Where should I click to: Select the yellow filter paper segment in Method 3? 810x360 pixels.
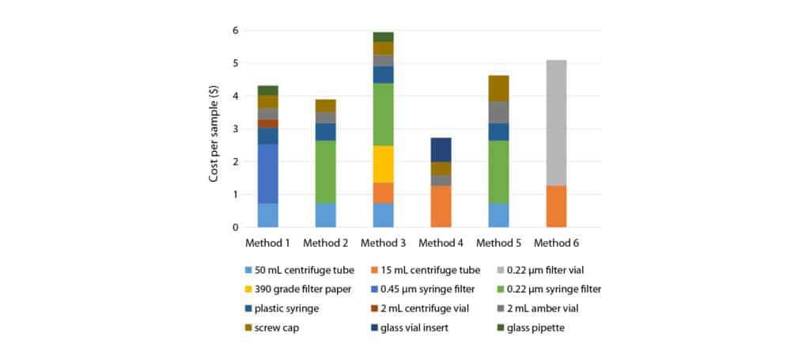click(384, 164)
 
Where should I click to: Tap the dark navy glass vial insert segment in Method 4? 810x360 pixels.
click(441, 150)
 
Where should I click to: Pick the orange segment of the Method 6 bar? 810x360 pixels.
click(556, 207)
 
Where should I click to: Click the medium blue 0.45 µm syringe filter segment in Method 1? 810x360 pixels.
click(267, 173)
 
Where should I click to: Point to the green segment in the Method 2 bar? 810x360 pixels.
click(326, 172)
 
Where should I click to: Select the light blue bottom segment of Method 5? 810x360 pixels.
click(498, 215)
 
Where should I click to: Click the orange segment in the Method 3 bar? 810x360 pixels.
click(384, 193)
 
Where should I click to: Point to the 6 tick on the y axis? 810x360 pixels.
click(235, 30)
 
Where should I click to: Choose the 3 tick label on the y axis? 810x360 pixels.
click(235, 129)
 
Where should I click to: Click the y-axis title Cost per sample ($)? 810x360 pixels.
click(214, 128)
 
